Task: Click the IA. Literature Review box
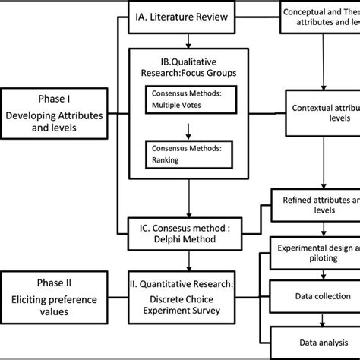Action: (x=187, y=15)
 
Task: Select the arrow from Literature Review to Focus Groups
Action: (x=187, y=39)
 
